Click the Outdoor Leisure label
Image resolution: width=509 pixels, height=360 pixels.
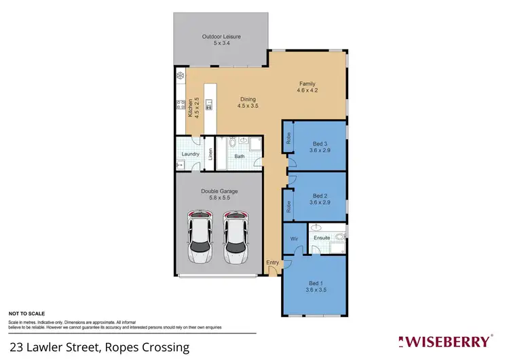pos(221,40)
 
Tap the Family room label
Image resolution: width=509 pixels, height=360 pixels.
pos(307,88)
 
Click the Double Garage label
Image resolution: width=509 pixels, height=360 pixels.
pos(219,195)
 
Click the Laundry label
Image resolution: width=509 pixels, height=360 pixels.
pos(190,154)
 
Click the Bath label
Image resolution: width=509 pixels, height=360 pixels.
pos(240,157)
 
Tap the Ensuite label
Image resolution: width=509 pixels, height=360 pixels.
pos(322,238)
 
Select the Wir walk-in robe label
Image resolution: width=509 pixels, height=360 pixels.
pos(295,239)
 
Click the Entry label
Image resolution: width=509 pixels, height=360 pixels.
pos(272,263)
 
